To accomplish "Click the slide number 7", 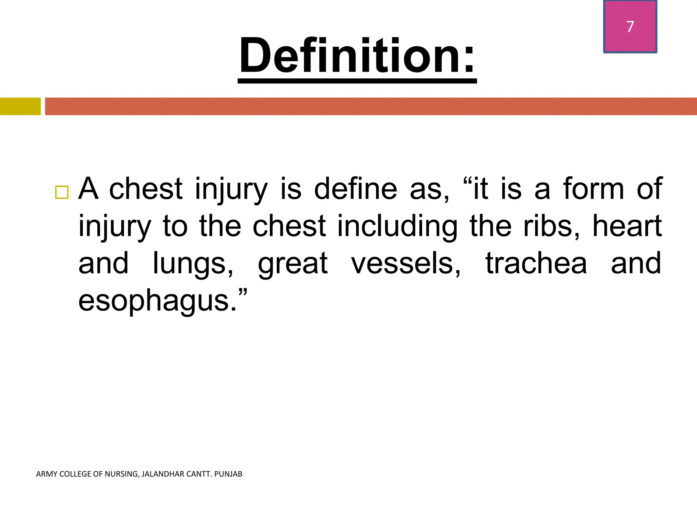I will [630, 27].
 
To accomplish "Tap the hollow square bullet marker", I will [62, 192].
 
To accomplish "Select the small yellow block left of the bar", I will [20, 106].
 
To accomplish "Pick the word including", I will [397, 226].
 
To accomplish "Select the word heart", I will [627, 226].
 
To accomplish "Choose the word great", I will [293, 264].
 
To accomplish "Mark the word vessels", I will [405, 264].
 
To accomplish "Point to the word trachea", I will [536, 264].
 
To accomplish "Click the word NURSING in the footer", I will [121, 474].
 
